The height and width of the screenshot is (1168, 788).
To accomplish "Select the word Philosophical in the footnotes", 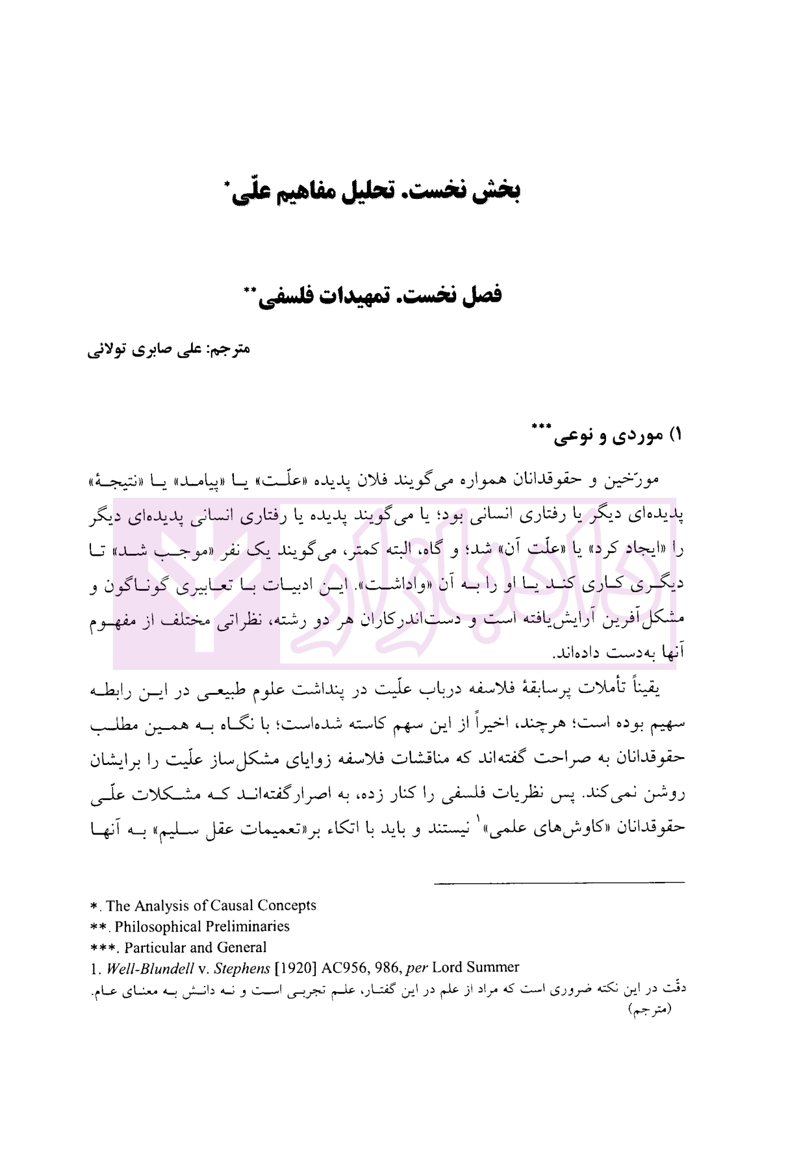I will [155, 926].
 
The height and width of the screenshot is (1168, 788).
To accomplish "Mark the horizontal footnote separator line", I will [559, 882].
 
